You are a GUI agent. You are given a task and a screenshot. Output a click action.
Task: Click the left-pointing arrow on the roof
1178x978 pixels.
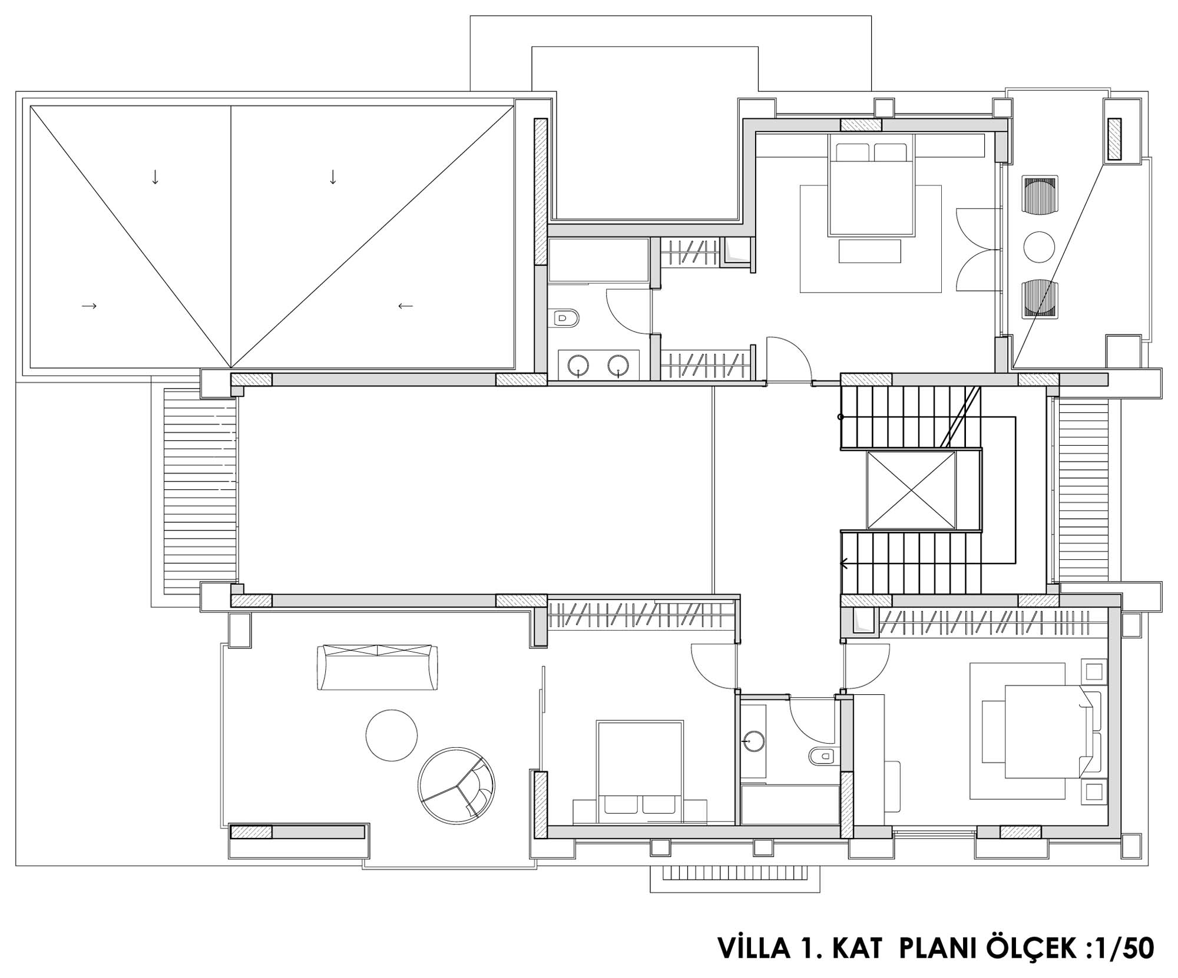pyautogui.click(x=405, y=306)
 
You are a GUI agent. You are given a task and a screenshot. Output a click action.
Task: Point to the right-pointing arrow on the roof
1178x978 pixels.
pyautogui.click(x=89, y=306)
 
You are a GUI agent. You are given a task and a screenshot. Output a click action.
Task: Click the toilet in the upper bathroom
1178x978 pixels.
pyautogui.click(x=566, y=319)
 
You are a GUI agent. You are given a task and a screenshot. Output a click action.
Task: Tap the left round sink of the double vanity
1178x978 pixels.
pyautogui.click(x=579, y=365)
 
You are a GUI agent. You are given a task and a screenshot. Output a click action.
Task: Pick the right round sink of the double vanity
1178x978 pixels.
pyautogui.click(x=618, y=365)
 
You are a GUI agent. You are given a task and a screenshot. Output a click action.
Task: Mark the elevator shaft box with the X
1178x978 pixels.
pyautogui.click(x=911, y=490)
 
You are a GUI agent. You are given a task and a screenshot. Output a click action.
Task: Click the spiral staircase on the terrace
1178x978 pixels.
pyautogui.click(x=456, y=786)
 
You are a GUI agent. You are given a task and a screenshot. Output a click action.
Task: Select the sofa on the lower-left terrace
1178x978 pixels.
pyautogui.click(x=378, y=668)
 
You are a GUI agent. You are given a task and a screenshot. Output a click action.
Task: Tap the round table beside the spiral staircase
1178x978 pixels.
pyautogui.click(x=392, y=735)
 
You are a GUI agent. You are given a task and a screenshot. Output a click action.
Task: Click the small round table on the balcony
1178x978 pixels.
pyautogui.click(x=1039, y=247)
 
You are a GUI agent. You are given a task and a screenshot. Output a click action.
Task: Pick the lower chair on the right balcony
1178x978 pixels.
pyautogui.click(x=1040, y=297)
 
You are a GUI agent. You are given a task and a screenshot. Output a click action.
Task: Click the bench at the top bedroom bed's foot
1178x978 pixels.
pyautogui.click(x=870, y=251)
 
